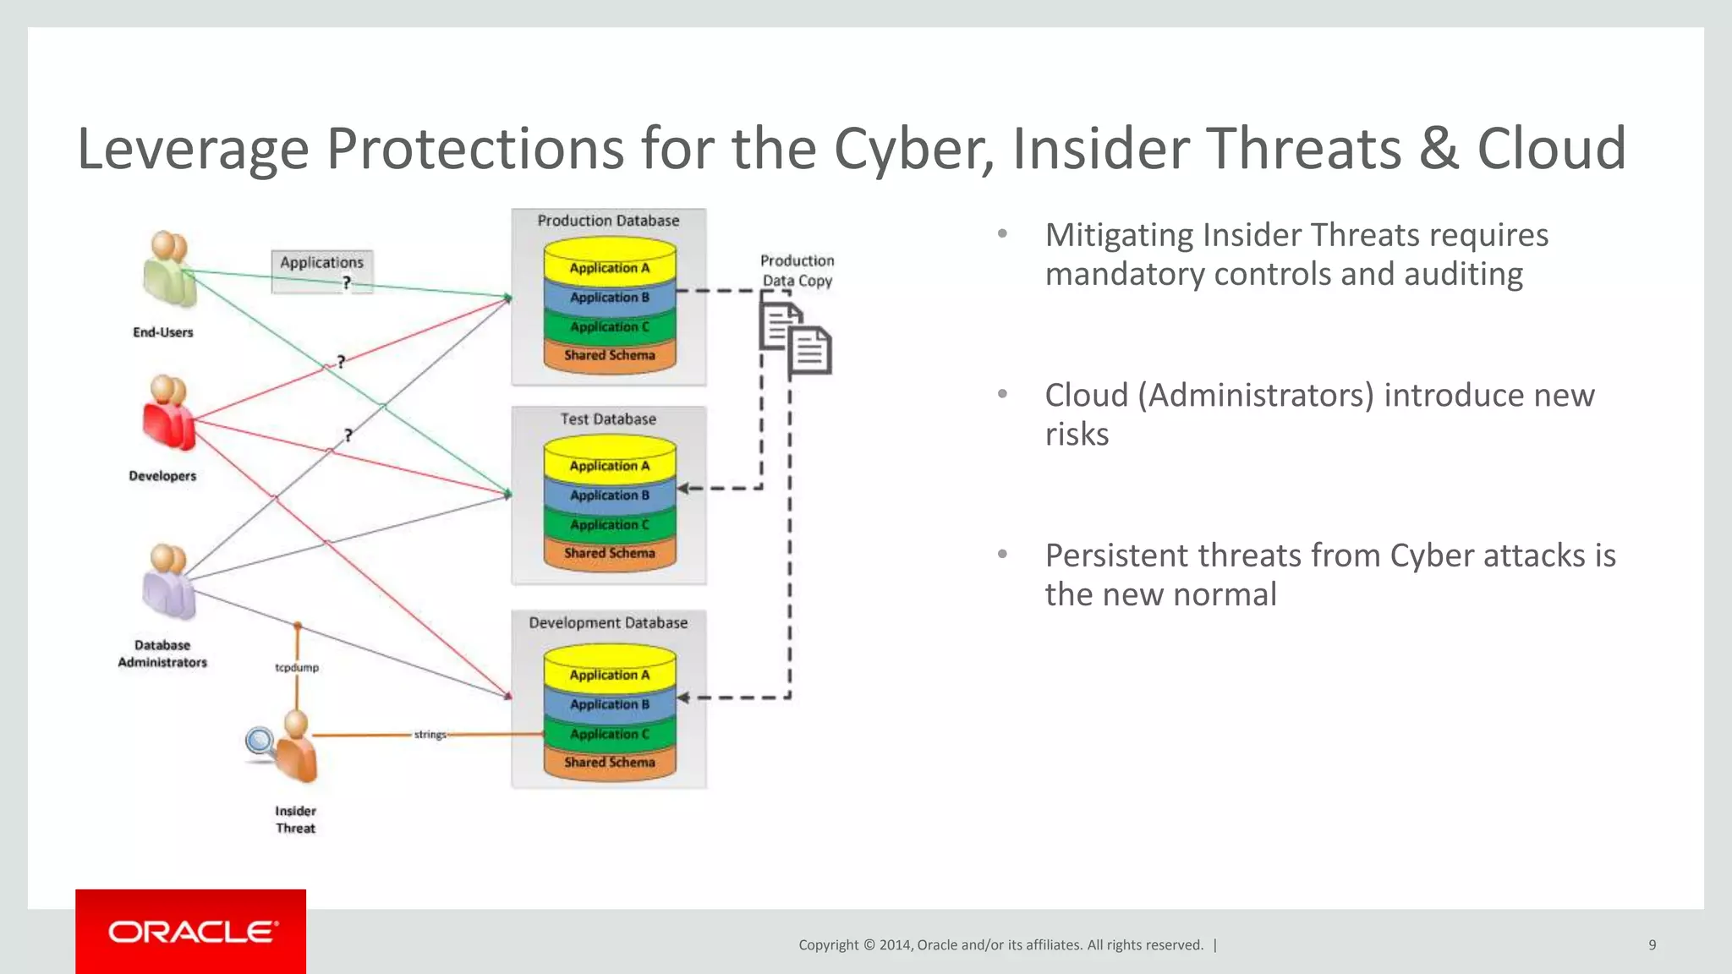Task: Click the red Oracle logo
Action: (190, 931)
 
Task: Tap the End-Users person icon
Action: (169, 271)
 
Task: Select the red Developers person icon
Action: (169, 414)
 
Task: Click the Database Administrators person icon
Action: (169, 583)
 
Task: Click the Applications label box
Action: (322, 271)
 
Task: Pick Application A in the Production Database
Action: (609, 267)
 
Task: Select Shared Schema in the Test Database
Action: (609, 553)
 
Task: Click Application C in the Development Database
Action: (609, 733)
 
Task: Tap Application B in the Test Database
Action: (609, 495)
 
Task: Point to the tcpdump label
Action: (297, 667)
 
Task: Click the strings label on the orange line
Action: (430, 734)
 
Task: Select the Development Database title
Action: (608, 622)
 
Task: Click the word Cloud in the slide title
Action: (1551, 149)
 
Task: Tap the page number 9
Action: (1652, 944)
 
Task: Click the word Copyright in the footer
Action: (828, 944)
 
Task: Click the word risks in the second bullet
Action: (1077, 434)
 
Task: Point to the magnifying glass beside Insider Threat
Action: (259, 741)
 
